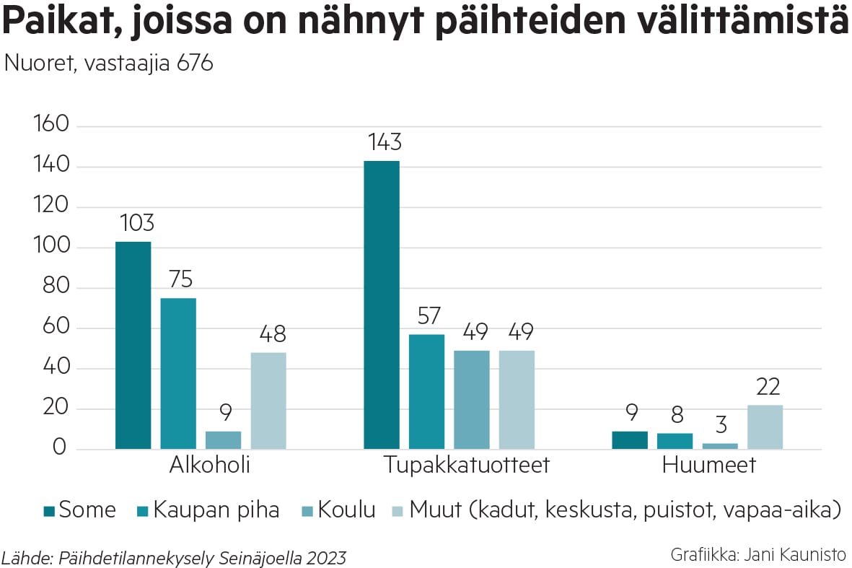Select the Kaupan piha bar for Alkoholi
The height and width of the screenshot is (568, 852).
[178, 373]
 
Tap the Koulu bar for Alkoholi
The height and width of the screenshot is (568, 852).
[224, 440]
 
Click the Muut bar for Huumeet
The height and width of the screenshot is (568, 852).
[765, 427]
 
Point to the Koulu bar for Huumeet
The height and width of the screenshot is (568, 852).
[720, 446]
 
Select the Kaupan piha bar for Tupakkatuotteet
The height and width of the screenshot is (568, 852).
[426, 391]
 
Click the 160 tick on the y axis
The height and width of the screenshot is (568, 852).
[50, 126]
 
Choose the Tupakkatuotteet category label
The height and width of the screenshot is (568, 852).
[466, 465]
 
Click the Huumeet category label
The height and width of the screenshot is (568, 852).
[708, 465]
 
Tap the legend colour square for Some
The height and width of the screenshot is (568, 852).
[49, 511]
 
